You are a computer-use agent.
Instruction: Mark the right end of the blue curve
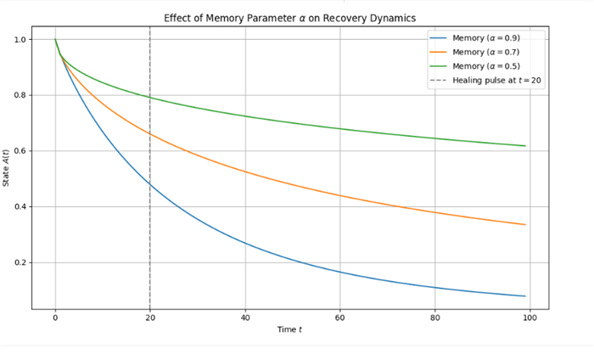pyautogui.click(x=525, y=295)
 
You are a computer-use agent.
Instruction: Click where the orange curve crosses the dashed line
pyautogui.click(x=150, y=133)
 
